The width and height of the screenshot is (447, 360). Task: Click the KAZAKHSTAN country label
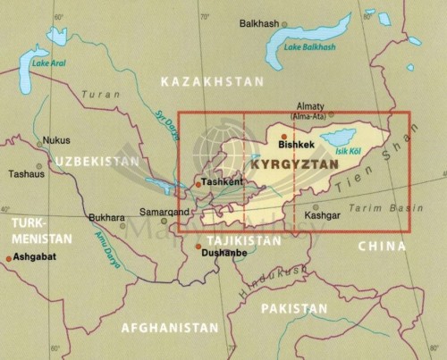(x=212, y=81)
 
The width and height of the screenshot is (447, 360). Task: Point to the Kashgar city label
(x=322, y=216)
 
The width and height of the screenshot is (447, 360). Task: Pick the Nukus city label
(x=56, y=140)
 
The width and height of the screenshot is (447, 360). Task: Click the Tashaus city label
(x=26, y=174)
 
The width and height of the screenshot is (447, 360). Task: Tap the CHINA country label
(x=383, y=245)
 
